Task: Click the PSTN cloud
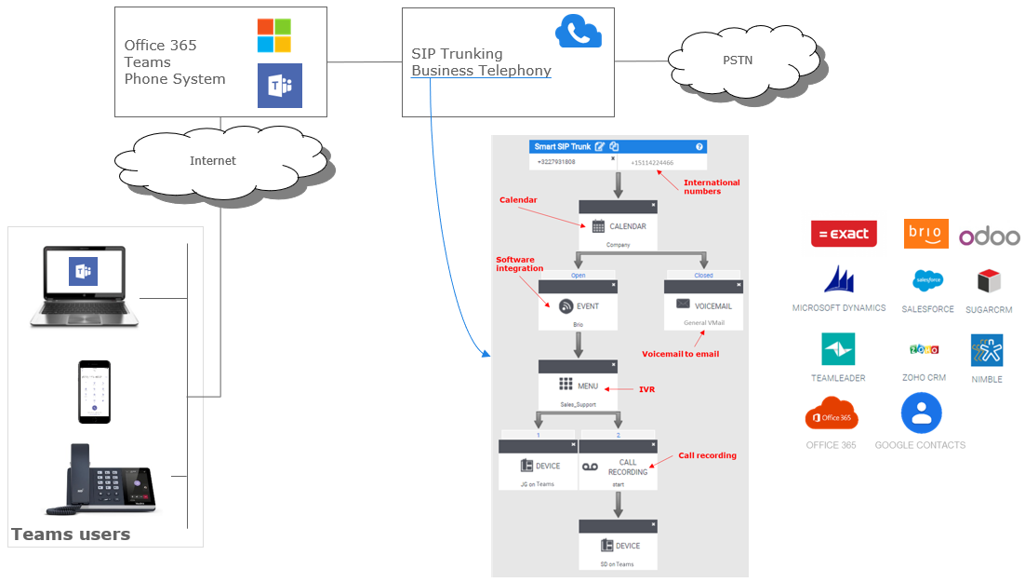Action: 737,61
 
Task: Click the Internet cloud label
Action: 213,160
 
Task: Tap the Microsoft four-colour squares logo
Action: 274,35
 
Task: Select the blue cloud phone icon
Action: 579,33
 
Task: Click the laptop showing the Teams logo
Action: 84,286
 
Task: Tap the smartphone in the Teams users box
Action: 94,392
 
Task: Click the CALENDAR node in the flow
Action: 619,226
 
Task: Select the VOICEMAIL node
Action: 703,305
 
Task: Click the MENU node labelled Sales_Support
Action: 578,386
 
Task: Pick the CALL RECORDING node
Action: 618,467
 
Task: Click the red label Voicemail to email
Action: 680,354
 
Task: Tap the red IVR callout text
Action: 646,389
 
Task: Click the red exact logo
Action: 844,234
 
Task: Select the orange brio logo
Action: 925,234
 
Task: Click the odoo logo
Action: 990,237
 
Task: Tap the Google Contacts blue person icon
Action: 921,413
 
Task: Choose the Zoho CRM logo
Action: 924,349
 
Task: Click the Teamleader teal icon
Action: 838,349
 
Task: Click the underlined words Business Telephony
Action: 481,71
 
